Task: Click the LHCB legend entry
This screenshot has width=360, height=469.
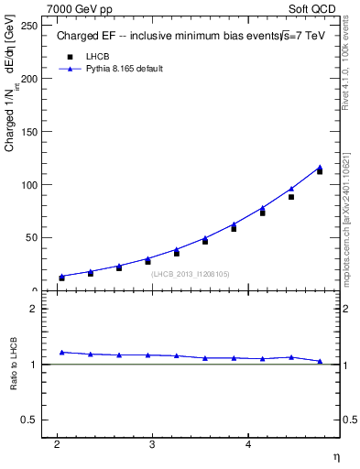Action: tap(97, 56)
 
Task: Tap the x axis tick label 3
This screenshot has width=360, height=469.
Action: tap(152, 445)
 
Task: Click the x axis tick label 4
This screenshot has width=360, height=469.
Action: tap(248, 445)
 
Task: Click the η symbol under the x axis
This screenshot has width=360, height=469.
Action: tap(335, 456)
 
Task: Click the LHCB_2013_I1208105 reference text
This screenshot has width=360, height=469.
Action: tap(190, 274)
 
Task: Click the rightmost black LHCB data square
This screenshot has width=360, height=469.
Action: tap(320, 171)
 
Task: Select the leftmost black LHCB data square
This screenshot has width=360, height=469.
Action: tap(61, 278)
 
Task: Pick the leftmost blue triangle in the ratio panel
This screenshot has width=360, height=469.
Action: tap(61, 352)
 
